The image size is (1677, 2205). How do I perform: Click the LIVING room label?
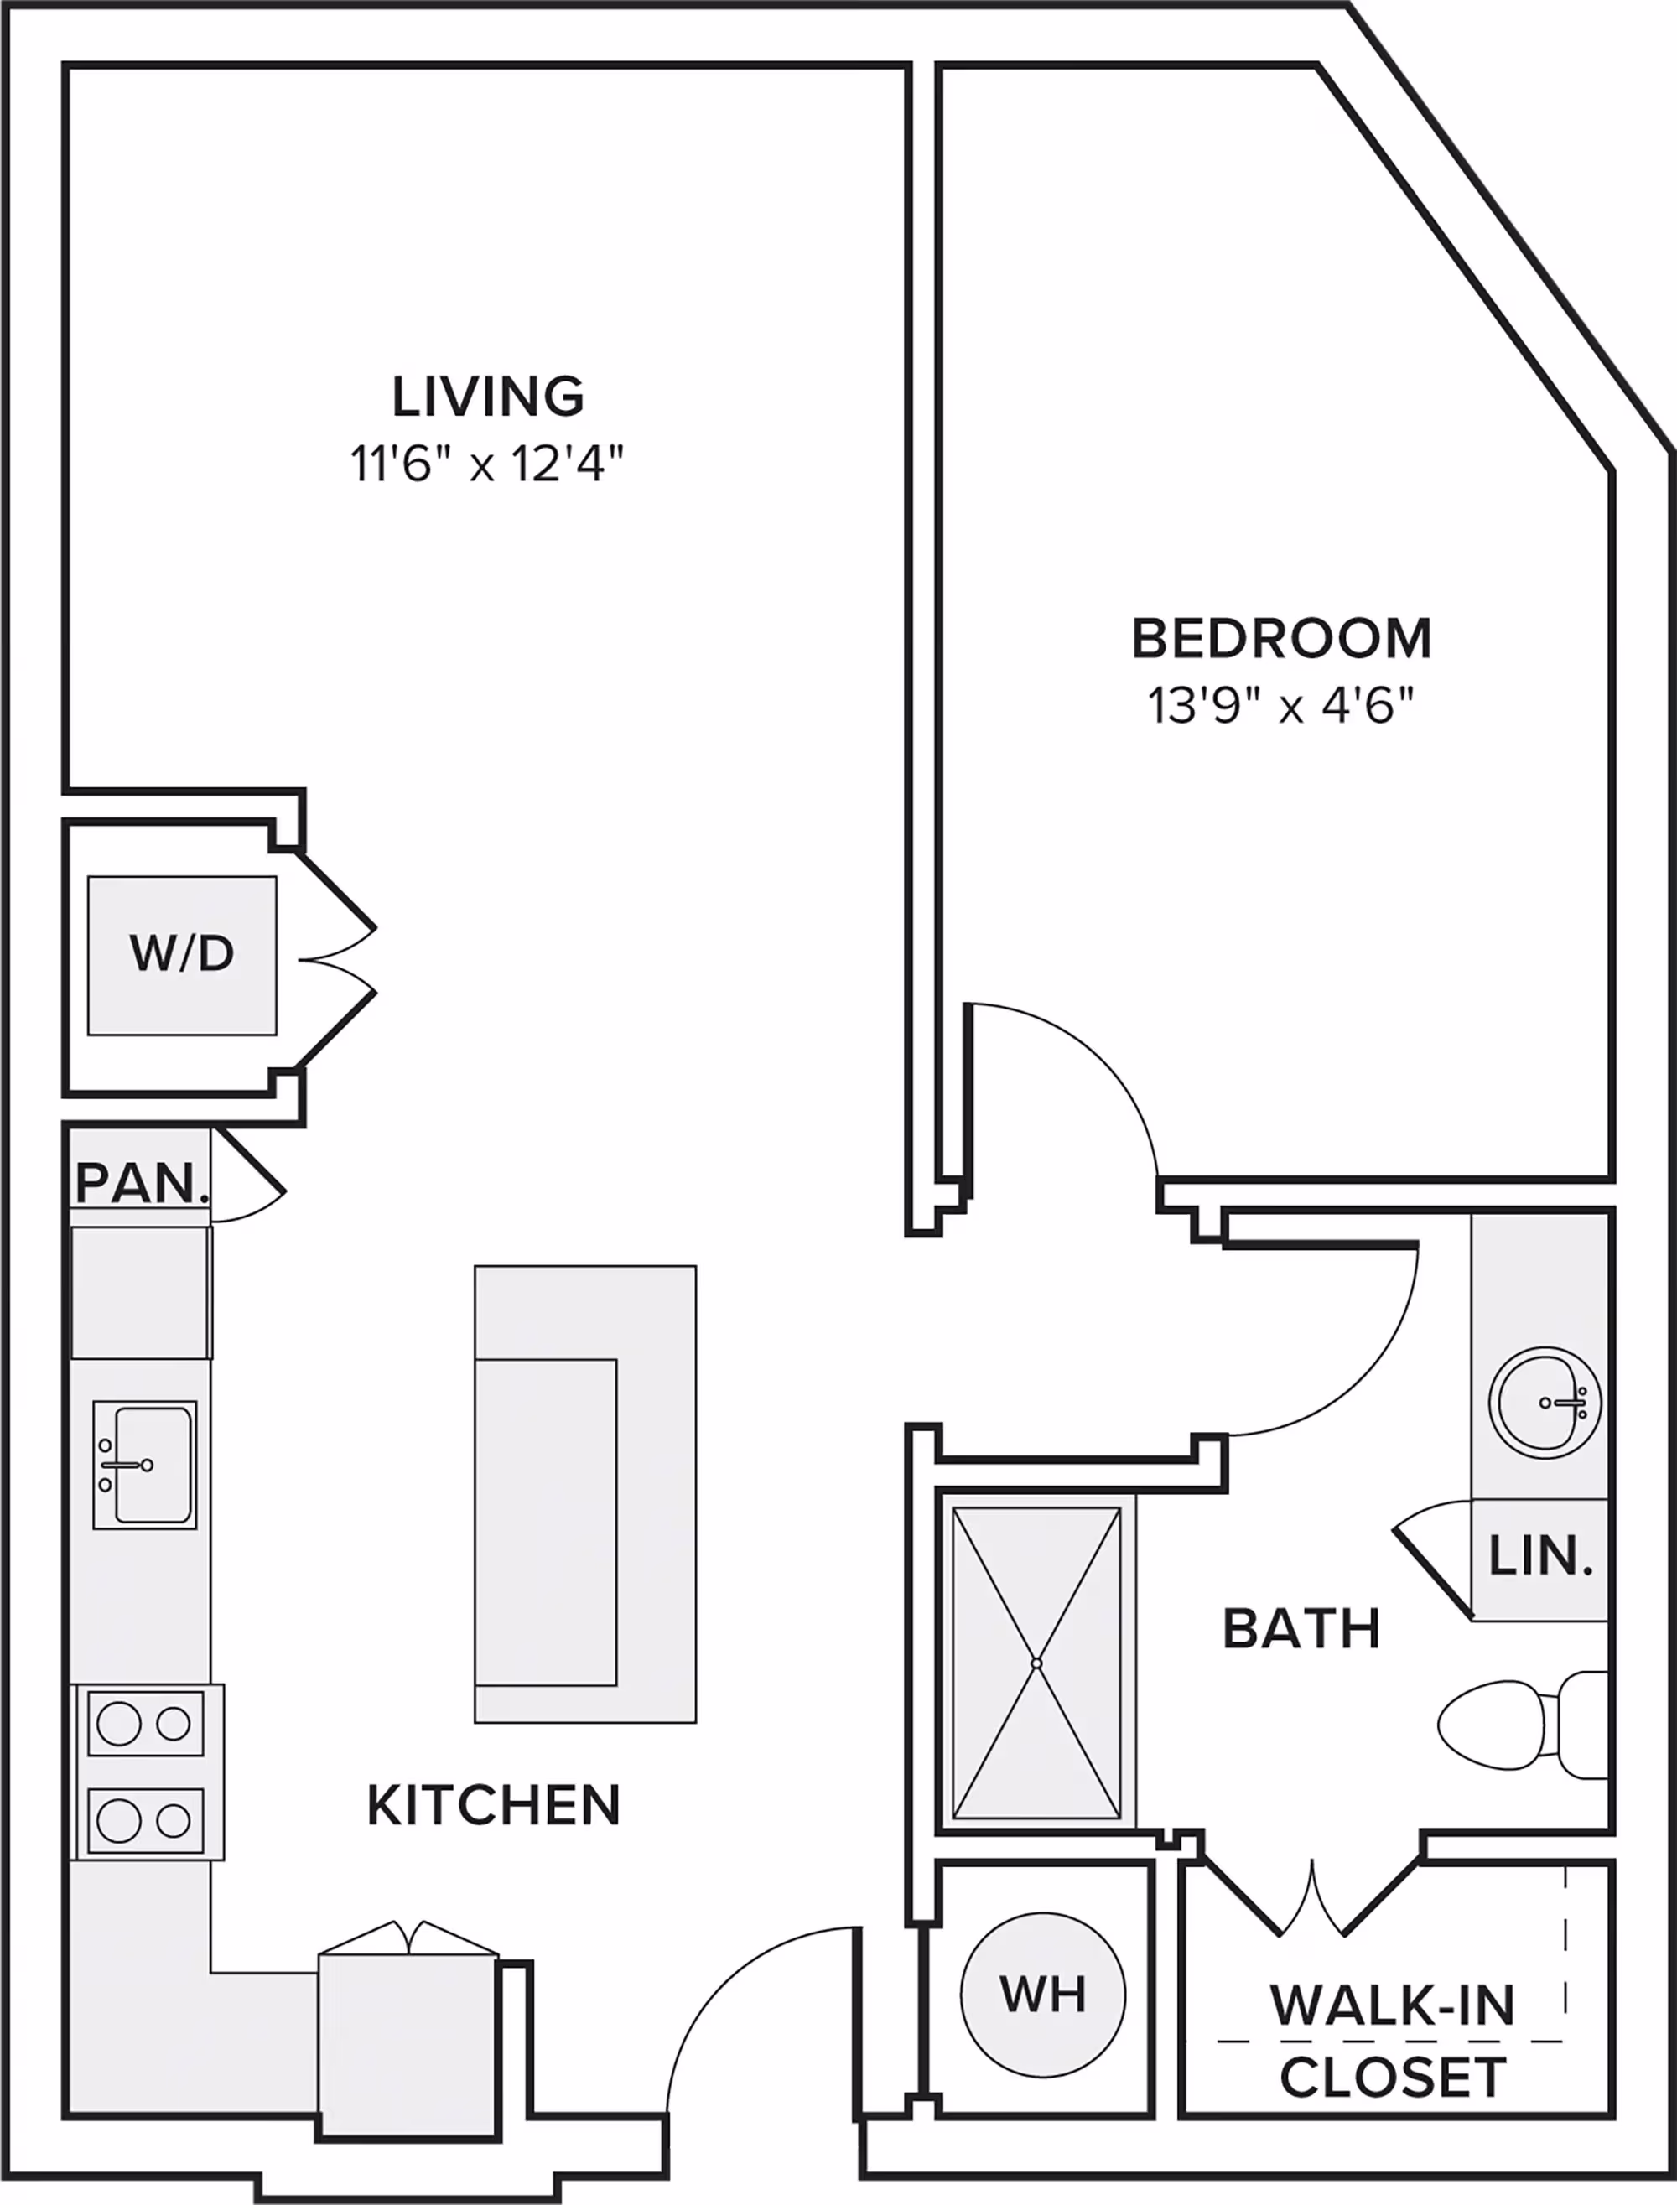(x=487, y=397)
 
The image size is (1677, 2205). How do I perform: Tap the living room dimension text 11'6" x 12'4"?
(x=487, y=464)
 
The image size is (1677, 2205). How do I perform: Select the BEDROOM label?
(x=1282, y=639)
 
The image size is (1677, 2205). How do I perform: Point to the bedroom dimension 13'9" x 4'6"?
(x=1282, y=707)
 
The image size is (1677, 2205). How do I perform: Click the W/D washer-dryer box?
(x=182, y=955)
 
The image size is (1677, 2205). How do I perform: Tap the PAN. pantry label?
(x=142, y=1183)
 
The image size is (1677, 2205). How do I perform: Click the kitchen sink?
(x=145, y=1465)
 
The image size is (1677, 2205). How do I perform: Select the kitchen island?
(x=585, y=1494)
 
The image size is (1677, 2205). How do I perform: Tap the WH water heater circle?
(x=1043, y=1995)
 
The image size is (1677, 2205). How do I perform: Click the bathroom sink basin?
(x=1545, y=1403)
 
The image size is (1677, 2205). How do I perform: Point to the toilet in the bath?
(x=1522, y=1724)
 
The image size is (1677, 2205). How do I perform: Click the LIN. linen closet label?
(x=1540, y=1556)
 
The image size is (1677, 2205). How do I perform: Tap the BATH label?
(x=1301, y=1629)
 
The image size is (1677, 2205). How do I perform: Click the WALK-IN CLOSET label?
(x=1393, y=2042)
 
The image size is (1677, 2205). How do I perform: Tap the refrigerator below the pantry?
(x=141, y=1293)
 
